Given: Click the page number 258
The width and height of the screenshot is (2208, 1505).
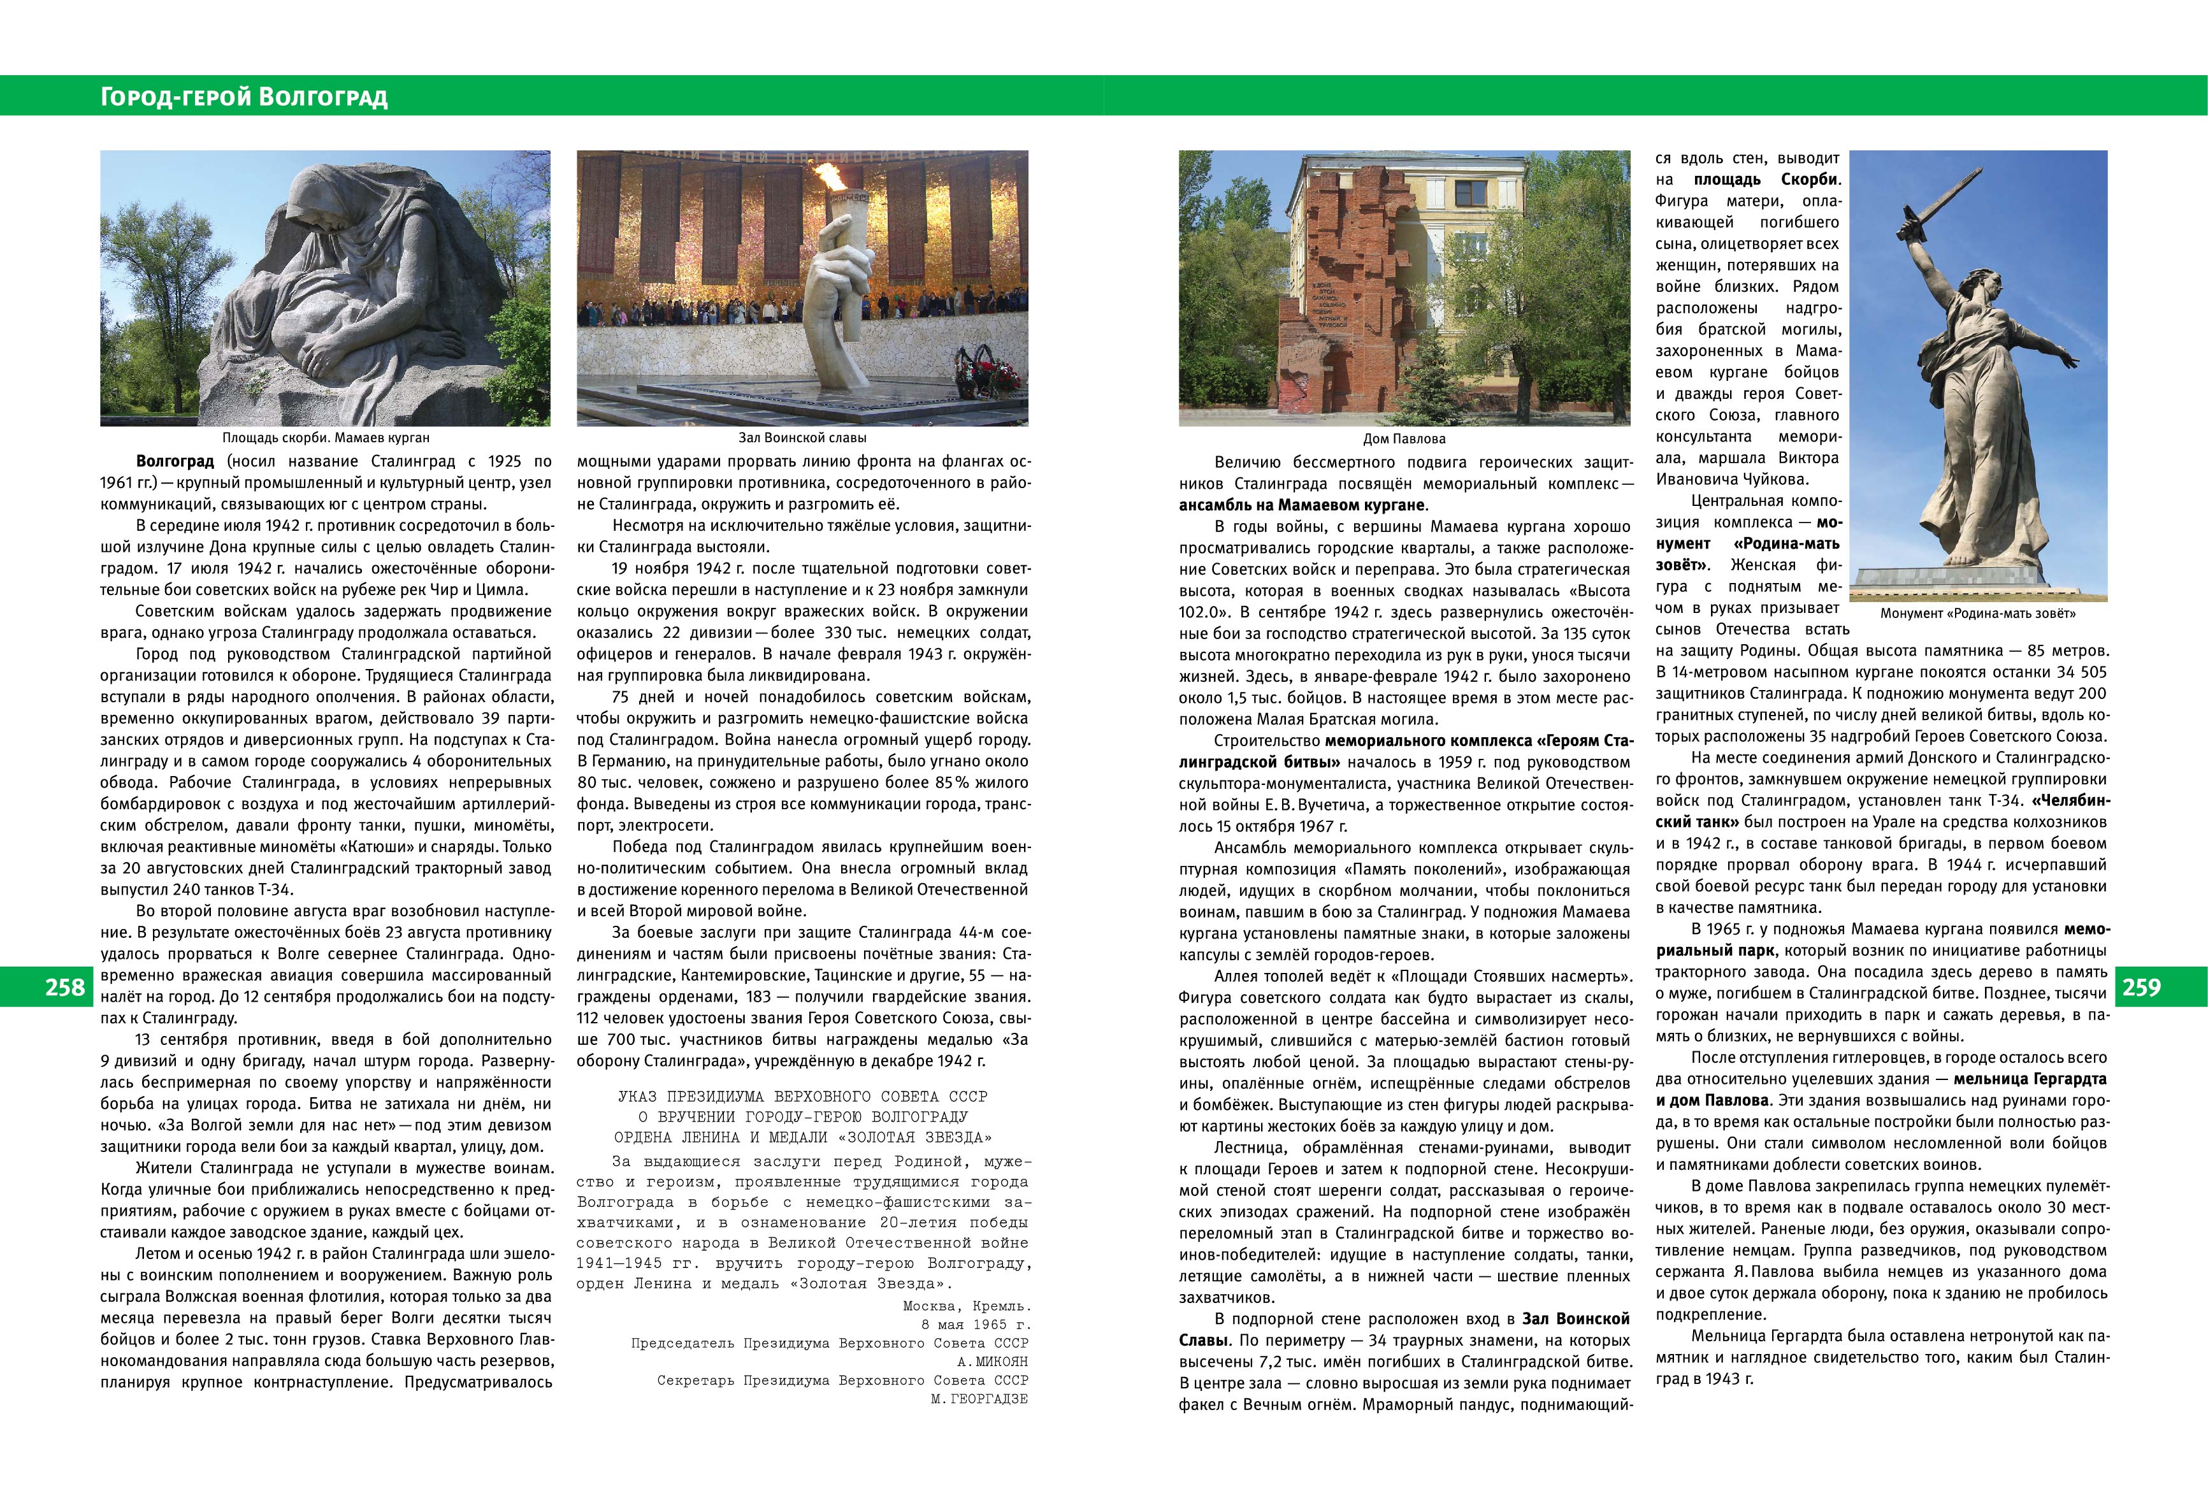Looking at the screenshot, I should [64, 987].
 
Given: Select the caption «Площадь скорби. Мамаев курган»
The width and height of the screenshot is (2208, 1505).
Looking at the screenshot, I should [326, 438].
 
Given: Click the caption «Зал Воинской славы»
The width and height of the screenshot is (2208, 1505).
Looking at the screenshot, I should [802, 438].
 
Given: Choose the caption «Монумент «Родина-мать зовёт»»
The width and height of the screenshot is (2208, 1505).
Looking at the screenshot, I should [1977, 614].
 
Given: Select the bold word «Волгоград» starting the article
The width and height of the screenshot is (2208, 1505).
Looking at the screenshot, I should [175, 462].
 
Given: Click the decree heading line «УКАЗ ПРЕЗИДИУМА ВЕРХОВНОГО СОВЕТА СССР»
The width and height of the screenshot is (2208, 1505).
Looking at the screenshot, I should [802, 1097].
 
